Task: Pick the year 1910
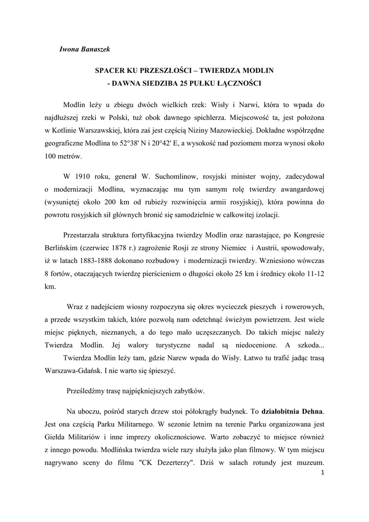(x=83, y=176)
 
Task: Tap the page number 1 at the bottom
(x=323, y=474)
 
